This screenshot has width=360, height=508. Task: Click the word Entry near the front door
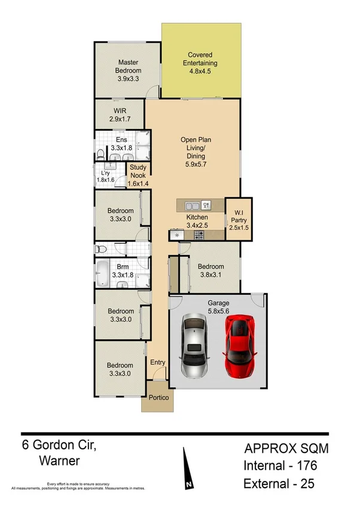158,363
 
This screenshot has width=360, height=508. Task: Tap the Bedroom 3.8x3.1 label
211,271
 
